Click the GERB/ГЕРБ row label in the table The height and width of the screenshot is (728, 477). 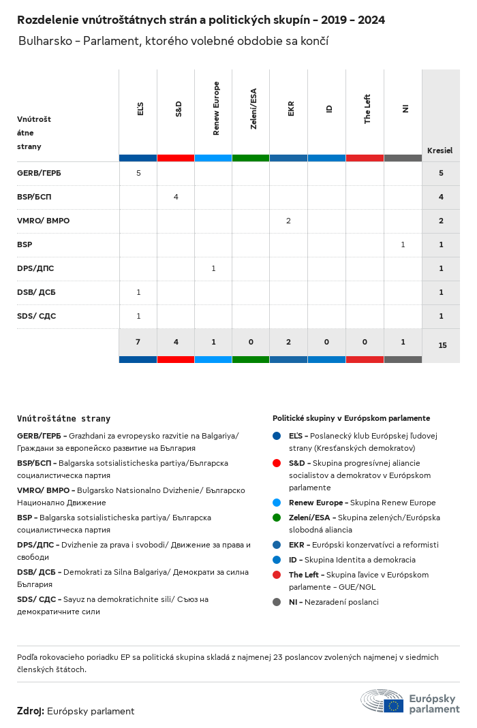[x=39, y=173]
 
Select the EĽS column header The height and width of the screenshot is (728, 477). [x=140, y=109]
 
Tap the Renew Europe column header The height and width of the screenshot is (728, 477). [x=216, y=109]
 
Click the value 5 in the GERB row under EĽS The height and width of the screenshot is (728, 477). [x=138, y=173]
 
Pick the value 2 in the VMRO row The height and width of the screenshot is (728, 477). [x=288, y=221]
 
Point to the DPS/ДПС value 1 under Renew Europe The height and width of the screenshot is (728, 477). [x=213, y=268]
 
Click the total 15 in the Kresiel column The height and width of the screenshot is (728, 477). [x=442, y=345]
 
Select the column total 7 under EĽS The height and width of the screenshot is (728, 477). [x=138, y=342]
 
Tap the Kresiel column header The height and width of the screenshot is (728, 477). [x=440, y=151]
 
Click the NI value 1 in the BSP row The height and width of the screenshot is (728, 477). [x=403, y=244]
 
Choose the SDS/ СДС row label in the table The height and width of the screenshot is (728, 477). [x=36, y=316]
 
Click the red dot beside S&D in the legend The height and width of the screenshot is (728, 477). [x=277, y=463]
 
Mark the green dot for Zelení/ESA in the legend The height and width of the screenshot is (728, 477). [x=277, y=518]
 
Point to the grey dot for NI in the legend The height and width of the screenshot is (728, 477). [x=277, y=602]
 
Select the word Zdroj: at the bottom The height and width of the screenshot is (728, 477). [x=31, y=711]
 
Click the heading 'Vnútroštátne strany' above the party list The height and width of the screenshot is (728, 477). [x=63, y=419]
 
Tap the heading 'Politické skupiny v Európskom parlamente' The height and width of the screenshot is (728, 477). [x=351, y=418]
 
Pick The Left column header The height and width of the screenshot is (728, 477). [x=367, y=109]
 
